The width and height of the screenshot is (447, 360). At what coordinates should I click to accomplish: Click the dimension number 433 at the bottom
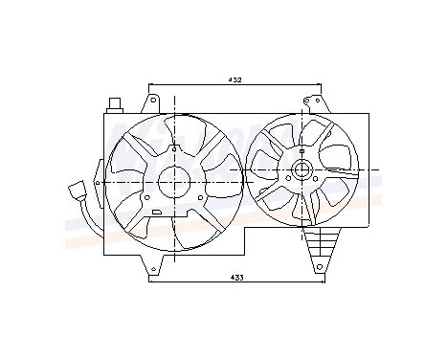pyautogui.click(x=235, y=277)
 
